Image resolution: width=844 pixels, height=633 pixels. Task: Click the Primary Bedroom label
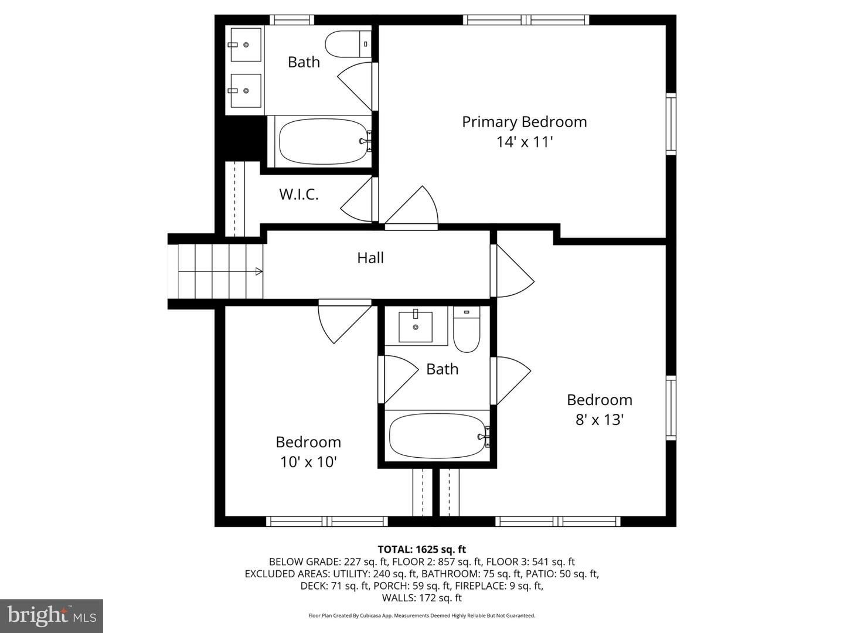point(524,122)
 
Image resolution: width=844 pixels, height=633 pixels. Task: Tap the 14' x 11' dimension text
point(524,142)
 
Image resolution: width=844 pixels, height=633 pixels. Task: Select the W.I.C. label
point(298,195)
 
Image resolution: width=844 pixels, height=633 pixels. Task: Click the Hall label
point(370,258)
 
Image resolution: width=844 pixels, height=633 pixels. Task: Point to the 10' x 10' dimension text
point(308,462)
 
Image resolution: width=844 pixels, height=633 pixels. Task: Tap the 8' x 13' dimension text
point(599,420)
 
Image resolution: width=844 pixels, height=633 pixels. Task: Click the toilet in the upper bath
point(347,44)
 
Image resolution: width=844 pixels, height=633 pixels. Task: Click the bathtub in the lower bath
point(437,435)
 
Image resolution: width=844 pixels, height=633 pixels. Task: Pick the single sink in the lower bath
point(416,326)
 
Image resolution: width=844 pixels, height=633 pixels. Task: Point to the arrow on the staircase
point(258,271)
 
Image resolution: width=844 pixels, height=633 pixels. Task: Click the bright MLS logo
point(52,615)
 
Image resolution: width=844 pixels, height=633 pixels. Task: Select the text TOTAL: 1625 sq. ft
point(421,549)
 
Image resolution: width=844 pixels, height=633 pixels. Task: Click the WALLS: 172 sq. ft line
point(421,598)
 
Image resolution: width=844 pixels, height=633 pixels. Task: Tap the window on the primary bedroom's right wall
point(671,124)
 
